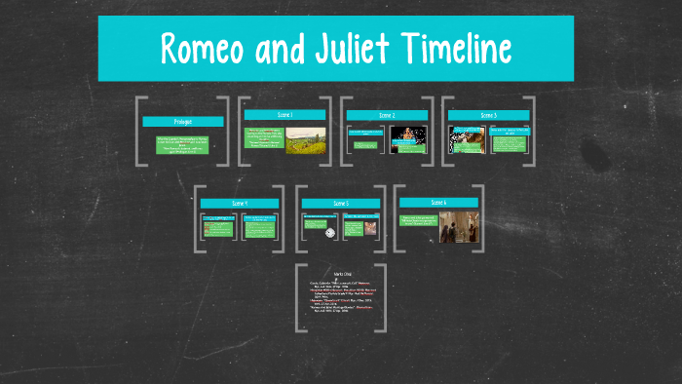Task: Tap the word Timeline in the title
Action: [465, 48]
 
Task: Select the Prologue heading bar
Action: [182, 122]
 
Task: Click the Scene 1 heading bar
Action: [284, 115]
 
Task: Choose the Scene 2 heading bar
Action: [387, 115]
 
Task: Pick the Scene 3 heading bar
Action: [488, 115]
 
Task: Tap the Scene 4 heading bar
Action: [240, 203]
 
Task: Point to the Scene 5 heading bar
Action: [340, 204]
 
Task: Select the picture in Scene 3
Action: [466, 139]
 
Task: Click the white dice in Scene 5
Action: [330, 232]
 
